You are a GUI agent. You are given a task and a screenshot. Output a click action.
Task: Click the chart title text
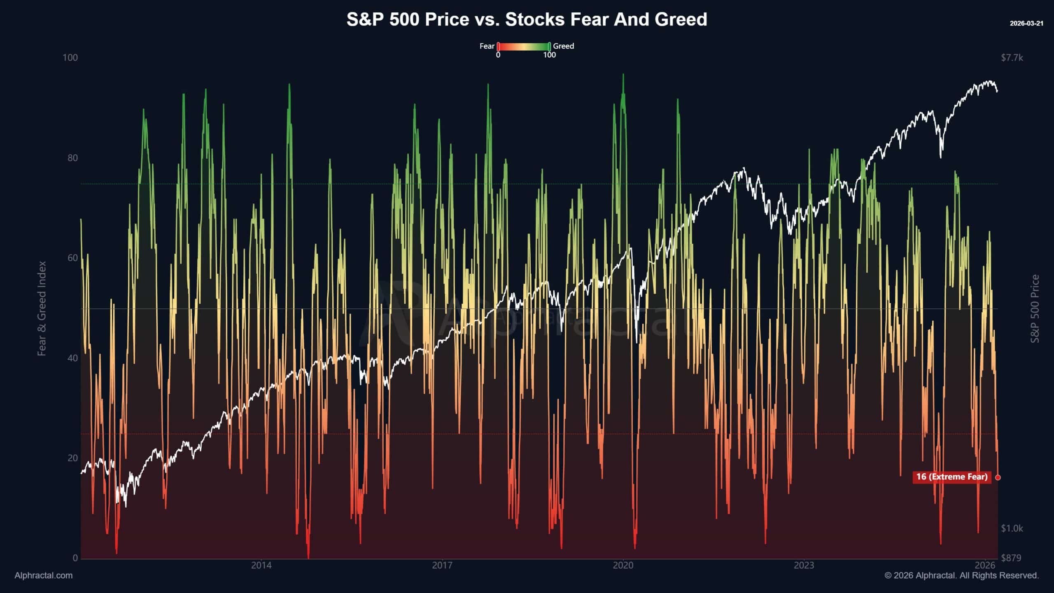point(527,19)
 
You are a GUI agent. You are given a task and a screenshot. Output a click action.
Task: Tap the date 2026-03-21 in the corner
point(1026,23)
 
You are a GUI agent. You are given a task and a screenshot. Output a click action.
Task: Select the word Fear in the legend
point(487,46)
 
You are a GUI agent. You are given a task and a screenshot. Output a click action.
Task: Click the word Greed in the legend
point(563,46)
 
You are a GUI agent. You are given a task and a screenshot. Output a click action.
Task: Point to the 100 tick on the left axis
point(70,58)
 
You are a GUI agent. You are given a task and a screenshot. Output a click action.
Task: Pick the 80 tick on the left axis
point(72,158)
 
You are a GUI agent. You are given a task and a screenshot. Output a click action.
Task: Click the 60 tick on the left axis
point(72,258)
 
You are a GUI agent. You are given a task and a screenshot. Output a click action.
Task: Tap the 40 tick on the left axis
point(72,358)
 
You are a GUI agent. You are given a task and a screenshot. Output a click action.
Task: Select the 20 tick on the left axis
point(72,458)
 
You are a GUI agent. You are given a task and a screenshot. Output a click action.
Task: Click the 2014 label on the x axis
point(261,565)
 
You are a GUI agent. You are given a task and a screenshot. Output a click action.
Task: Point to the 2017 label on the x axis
point(442,565)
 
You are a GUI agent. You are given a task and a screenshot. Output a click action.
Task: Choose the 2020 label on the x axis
point(623,565)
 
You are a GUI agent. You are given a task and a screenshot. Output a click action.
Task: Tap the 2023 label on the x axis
point(804,565)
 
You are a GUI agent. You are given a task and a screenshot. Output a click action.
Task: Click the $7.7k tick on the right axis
point(1012,58)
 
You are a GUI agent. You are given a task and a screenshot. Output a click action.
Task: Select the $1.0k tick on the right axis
point(1012,528)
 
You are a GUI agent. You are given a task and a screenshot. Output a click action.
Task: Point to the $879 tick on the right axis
point(1011,558)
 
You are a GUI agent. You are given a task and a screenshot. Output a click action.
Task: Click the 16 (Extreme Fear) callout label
point(951,477)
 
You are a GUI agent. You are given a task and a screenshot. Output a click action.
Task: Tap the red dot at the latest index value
point(998,477)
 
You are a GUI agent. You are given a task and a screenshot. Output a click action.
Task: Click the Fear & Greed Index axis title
point(42,308)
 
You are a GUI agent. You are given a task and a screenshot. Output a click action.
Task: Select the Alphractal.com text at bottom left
point(44,576)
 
